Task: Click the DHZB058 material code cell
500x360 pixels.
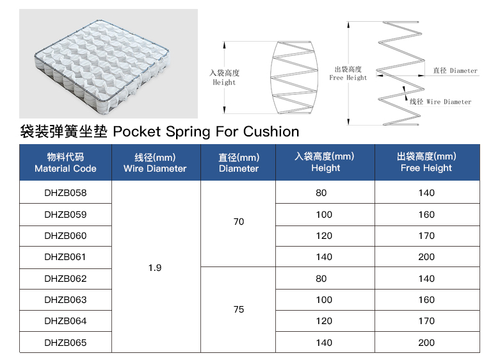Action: pyautogui.click(x=65, y=193)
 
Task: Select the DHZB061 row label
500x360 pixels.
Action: pyautogui.click(x=65, y=257)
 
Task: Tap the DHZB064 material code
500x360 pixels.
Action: pyautogui.click(x=65, y=321)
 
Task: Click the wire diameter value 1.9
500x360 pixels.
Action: pyautogui.click(x=155, y=268)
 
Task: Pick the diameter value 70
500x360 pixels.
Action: pyautogui.click(x=239, y=222)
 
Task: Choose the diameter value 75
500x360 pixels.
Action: pyautogui.click(x=239, y=309)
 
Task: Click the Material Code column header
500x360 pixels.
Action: pyautogui.click(x=65, y=163)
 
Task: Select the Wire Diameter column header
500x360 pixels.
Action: pyautogui.click(x=155, y=163)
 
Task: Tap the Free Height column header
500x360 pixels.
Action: pyautogui.click(x=426, y=162)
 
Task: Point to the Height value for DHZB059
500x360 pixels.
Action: pyautogui.click(x=324, y=215)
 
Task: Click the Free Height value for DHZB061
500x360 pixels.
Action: pyautogui.click(x=426, y=257)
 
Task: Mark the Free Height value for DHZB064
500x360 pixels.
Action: pyautogui.click(x=426, y=321)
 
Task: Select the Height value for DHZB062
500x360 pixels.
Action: pyautogui.click(x=321, y=279)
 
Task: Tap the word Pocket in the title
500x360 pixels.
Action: pyautogui.click(x=137, y=131)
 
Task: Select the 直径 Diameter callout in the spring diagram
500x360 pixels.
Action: pyautogui.click(x=455, y=70)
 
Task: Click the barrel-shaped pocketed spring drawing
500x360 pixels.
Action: pyautogui.click(x=294, y=78)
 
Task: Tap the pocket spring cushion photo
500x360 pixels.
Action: pyautogui.click(x=108, y=64)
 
